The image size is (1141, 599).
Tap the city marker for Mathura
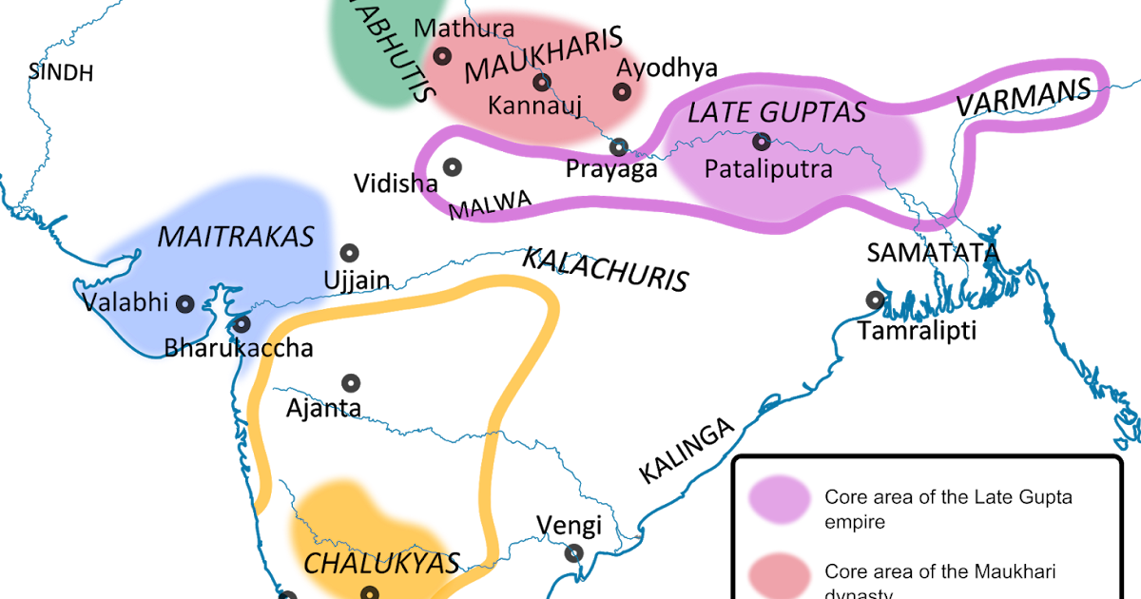[x=442, y=56]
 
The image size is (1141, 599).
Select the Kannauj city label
[x=534, y=105]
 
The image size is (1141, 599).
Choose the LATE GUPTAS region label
[x=776, y=112]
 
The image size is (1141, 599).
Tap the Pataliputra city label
[x=768, y=169]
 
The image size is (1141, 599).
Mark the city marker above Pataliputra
[x=761, y=143]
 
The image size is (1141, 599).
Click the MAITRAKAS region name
[x=235, y=237]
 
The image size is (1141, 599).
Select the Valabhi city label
[x=125, y=303]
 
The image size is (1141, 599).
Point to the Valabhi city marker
[x=185, y=303]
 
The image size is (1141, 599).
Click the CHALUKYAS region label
[x=381, y=563]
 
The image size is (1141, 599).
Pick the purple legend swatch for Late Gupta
[x=779, y=500]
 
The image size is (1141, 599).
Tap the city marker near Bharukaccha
[x=242, y=323]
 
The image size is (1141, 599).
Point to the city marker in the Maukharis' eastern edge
[x=622, y=91]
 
